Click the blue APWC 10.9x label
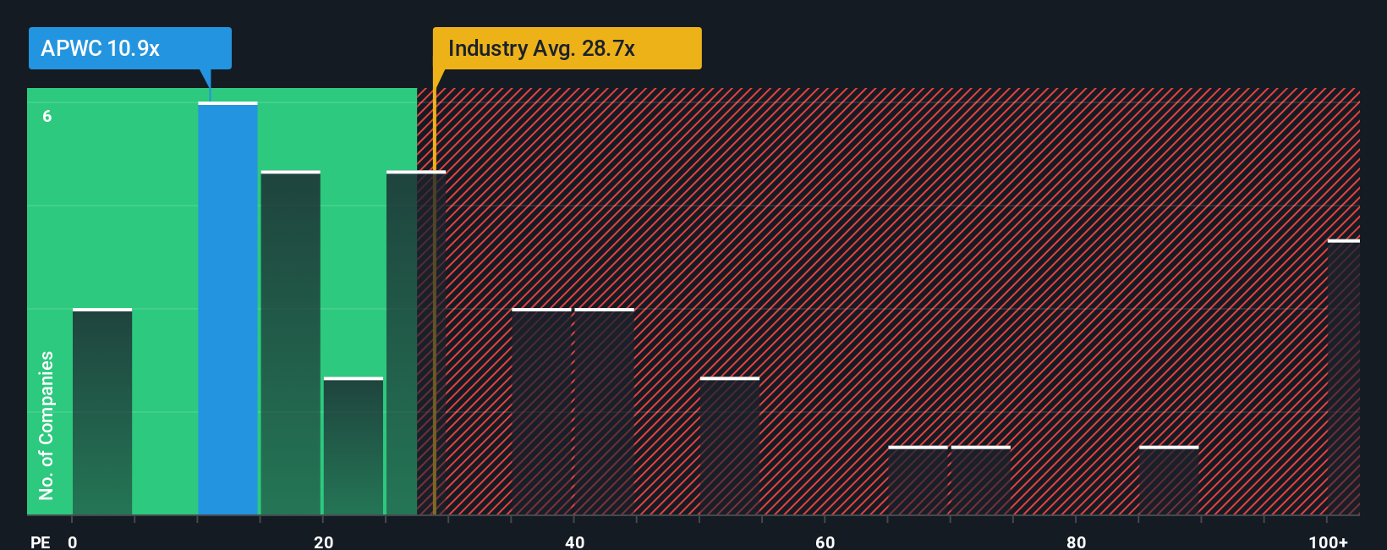(129, 48)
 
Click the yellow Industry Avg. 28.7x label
(567, 48)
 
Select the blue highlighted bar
(228, 309)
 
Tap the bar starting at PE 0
(102, 412)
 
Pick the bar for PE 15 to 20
(290, 343)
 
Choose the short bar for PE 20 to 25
(354, 446)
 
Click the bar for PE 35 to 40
(541, 412)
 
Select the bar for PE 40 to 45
(604, 412)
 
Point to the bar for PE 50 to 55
(730, 446)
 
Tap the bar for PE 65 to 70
(918, 481)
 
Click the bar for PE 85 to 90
(1169, 481)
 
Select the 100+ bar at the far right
(1343, 377)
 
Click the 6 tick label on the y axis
(47, 117)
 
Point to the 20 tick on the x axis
(323, 542)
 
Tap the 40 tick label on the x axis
(574, 542)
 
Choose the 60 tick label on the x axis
(825, 542)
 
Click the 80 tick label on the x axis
(1076, 542)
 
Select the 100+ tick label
(1328, 542)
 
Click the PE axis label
(40, 542)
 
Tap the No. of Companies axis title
(47, 425)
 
